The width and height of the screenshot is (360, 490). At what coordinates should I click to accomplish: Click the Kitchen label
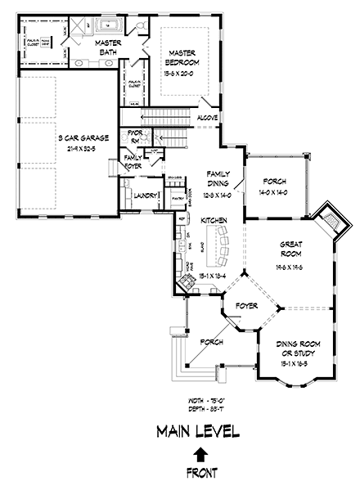(x=203, y=222)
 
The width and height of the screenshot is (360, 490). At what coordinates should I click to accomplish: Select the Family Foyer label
(x=133, y=160)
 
